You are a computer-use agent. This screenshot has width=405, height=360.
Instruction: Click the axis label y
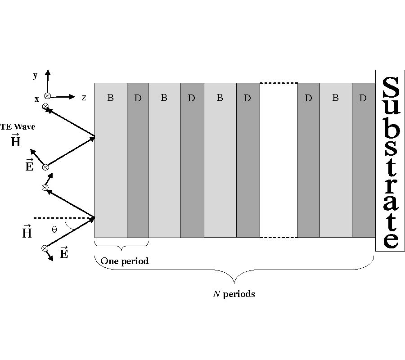[35, 76]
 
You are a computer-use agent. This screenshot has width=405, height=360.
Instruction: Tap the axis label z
[84, 97]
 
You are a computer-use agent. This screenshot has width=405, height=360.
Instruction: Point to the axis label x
[37, 99]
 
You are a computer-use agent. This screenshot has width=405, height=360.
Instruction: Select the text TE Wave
[18, 127]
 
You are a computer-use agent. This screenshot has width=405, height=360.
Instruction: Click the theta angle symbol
[54, 229]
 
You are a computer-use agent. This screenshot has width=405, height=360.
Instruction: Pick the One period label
[124, 261]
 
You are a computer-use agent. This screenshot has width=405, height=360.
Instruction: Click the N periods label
[234, 294]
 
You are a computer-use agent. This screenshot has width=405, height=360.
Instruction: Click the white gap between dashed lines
[279, 160]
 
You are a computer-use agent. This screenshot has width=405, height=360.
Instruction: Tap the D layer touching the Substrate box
[364, 160]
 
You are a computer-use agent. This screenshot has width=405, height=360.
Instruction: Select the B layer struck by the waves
[111, 160]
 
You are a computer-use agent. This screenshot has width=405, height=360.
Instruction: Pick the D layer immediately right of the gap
[308, 160]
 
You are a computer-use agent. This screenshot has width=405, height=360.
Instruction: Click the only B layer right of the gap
[336, 160]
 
